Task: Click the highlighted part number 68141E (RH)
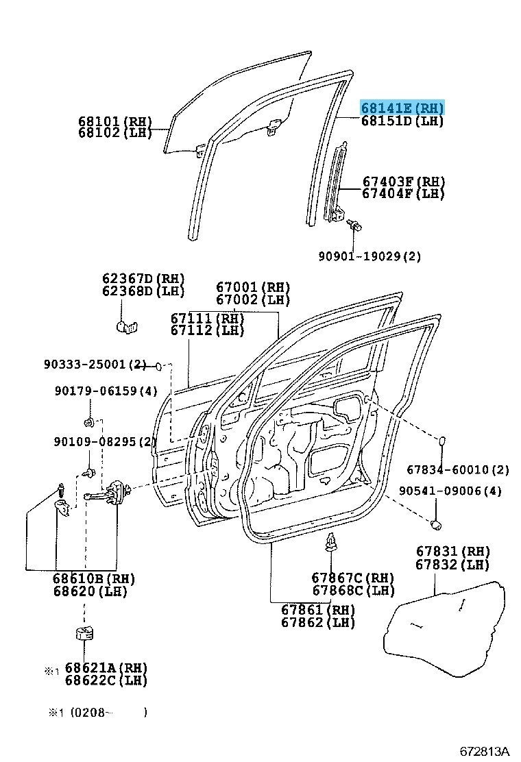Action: click(x=402, y=108)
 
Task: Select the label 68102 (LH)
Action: click(x=115, y=133)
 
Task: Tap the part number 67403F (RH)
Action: click(x=404, y=182)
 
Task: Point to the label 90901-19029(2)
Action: click(x=369, y=256)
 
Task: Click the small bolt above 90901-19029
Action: click(x=354, y=225)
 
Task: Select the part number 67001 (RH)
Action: click(x=253, y=287)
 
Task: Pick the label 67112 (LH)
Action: click(x=207, y=330)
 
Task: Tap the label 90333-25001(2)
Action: click(x=95, y=363)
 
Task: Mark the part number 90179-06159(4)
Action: click(x=106, y=391)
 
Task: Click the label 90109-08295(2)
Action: click(x=104, y=441)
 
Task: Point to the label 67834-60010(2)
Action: click(x=458, y=469)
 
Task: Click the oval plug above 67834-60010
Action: click(x=442, y=441)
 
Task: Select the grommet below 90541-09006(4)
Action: click(x=435, y=524)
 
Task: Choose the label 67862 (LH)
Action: click(x=318, y=622)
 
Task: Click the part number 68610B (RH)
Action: click(x=94, y=579)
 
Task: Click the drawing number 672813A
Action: click(x=485, y=751)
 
